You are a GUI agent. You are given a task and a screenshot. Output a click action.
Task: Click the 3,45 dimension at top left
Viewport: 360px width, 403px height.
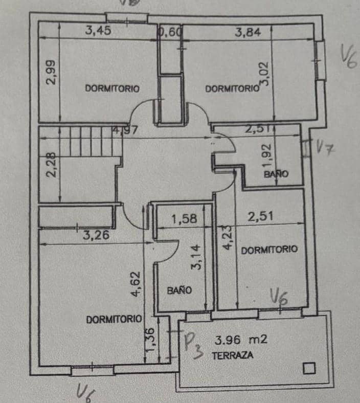pos(98,31)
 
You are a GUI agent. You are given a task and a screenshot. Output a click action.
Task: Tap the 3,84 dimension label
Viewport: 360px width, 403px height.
pos(248,32)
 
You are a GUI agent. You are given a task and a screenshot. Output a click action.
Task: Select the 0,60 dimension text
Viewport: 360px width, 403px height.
pos(170,32)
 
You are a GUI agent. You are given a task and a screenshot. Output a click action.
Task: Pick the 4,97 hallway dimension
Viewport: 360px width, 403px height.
pos(124,130)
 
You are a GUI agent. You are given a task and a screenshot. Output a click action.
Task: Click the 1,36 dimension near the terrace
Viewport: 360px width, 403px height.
pos(150,339)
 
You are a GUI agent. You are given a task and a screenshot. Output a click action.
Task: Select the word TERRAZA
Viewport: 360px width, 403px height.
pos(232,356)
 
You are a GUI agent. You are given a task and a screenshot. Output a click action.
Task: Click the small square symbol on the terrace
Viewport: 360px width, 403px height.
pos(308,368)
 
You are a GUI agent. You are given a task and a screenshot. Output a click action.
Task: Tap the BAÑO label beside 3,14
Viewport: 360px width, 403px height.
pos(179,290)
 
